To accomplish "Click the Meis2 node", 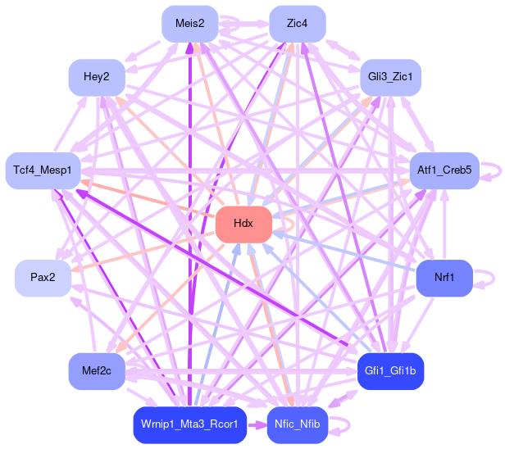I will pyautogui.click(x=190, y=23).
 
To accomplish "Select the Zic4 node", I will pyautogui.click(x=298, y=23).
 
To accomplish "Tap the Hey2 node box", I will pyautogui.click(x=97, y=77).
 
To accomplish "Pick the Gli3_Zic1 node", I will pyautogui.click(x=390, y=77).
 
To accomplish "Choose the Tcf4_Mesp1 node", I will pyautogui.click(x=43, y=170).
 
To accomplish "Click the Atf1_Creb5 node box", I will pyautogui.click(x=444, y=170).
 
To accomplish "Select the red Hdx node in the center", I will pyautogui.click(x=243, y=224).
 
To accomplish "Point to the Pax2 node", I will pyautogui.click(x=43, y=278).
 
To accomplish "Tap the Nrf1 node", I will pyautogui.click(x=444, y=278).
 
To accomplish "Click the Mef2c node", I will pyautogui.click(x=97, y=371).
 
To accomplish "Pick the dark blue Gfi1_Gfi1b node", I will pyautogui.click(x=390, y=371).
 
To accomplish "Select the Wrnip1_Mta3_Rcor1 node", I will pyautogui.click(x=190, y=424).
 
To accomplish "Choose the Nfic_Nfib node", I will pyautogui.click(x=298, y=424).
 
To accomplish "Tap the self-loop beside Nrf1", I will pyautogui.click(x=489, y=278).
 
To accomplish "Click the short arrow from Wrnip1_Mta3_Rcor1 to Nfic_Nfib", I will pyautogui.click(x=257, y=424).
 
